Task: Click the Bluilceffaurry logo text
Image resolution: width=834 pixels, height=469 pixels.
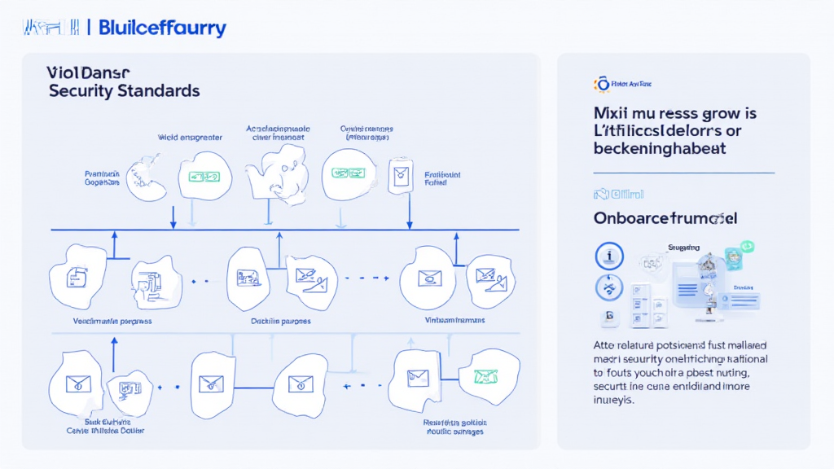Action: click(161, 28)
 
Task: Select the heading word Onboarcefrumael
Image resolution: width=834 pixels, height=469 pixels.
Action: click(665, 218)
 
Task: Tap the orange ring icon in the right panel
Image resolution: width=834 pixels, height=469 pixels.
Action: click(603, 83)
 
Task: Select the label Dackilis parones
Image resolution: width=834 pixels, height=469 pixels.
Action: click(281, 321)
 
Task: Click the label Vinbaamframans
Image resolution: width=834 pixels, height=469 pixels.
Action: click(455, 321)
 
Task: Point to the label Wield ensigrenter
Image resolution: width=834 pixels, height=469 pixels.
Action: click(190, 138)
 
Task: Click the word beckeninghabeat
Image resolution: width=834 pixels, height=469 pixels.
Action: click(660, 149)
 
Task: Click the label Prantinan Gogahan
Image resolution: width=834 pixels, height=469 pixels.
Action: click(103, 178)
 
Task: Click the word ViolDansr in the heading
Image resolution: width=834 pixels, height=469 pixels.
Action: click(84, 72)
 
